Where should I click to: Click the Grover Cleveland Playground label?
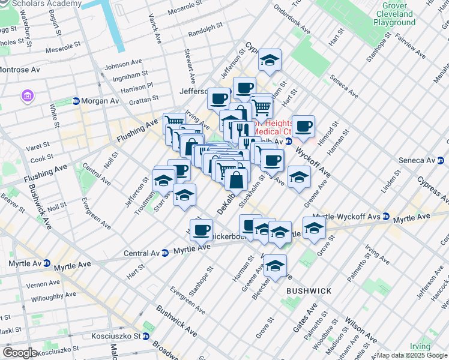(x=394, y=14)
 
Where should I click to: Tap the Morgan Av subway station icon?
(x=76, y=101)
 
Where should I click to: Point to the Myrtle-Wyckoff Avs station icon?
(x=387, y=216)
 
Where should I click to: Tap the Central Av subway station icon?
(x=164, y=253)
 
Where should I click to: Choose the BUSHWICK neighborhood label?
(x=309, y=291)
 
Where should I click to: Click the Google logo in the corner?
(x=20, y=352)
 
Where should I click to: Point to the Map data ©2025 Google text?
(x=412, y=355)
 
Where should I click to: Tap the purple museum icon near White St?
(x=27, y=96)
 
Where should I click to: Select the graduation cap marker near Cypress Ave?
(x=270, y=60)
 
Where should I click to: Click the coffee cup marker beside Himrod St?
(x=304, y=126)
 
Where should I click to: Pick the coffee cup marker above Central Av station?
(x=202, y=229)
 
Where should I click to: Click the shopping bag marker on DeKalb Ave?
(x=237, y=179)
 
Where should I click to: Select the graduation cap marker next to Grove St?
(x=314, y=228)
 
